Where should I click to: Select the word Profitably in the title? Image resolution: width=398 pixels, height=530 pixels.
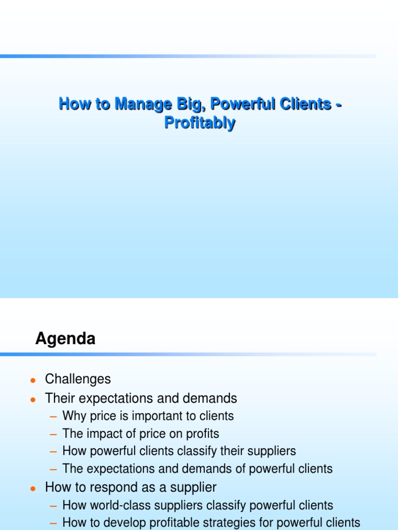(x=200, y=123)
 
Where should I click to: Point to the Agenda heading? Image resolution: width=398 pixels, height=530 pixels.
(x=65, y=339)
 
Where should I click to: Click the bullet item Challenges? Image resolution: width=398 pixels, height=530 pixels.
(x=78, y=379)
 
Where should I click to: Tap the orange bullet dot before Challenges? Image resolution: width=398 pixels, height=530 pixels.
(x=33, y=380)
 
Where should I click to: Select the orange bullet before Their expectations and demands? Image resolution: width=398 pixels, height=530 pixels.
(x=33, y=399)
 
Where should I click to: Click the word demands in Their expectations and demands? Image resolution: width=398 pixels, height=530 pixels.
(x=212, y=398)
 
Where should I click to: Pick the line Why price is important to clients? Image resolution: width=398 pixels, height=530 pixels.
(x=148, y=416)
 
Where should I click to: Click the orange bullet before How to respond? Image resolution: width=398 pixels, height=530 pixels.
(x=33, y=488)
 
